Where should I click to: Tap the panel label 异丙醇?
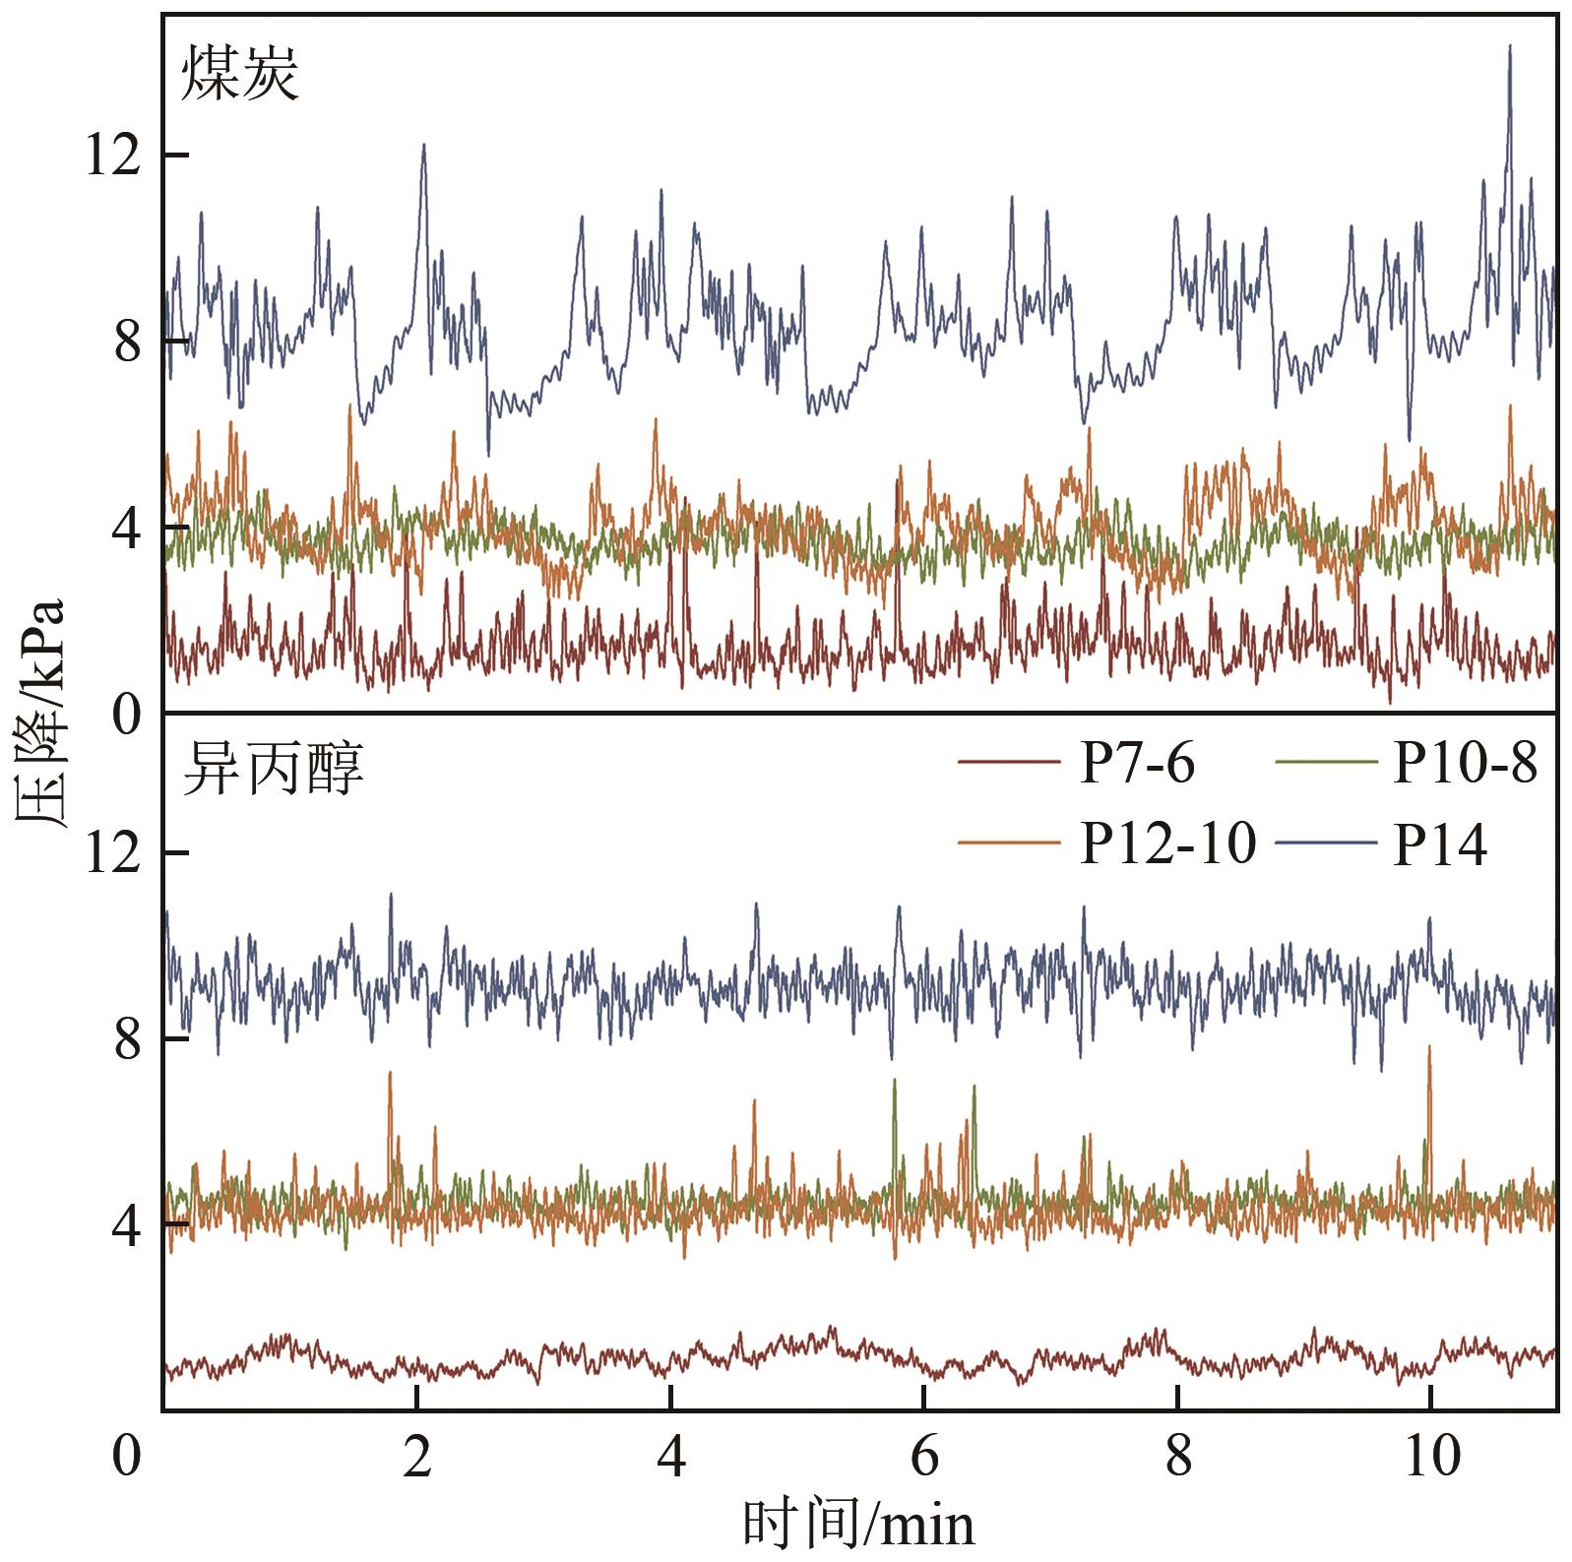[273, 771]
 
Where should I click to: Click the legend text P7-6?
[1137, 763]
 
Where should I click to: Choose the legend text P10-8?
[1464, 763]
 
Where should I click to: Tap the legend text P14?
[1438, 843]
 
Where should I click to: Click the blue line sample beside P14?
[1325, 844]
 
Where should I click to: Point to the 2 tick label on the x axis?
[417, 1458]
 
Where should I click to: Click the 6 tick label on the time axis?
[924, 1458]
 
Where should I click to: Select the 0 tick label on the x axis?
[125, 1458]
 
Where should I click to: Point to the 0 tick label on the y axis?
[125, 717]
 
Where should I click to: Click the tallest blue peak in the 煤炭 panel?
[1509, 47]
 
